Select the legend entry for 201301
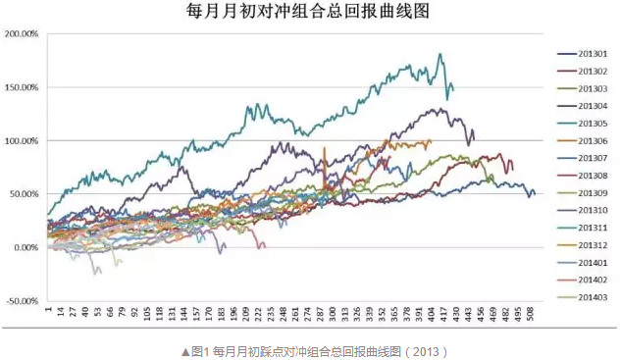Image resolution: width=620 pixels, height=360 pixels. (584, 54)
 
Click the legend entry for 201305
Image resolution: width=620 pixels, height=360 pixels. (584, 123)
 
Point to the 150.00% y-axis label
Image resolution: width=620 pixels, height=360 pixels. (21, 87)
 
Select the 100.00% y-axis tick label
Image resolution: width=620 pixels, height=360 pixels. (21, 141)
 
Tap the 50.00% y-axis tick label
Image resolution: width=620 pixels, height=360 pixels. (23, 194)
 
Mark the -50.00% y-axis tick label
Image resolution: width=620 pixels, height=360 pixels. (22, 301)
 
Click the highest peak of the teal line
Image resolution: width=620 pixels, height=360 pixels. (439, 54)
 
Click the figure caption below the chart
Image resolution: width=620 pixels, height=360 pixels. (309, 349)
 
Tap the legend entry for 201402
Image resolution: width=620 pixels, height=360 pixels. (584, 280)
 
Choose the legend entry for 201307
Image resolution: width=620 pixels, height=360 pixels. (584, 158)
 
